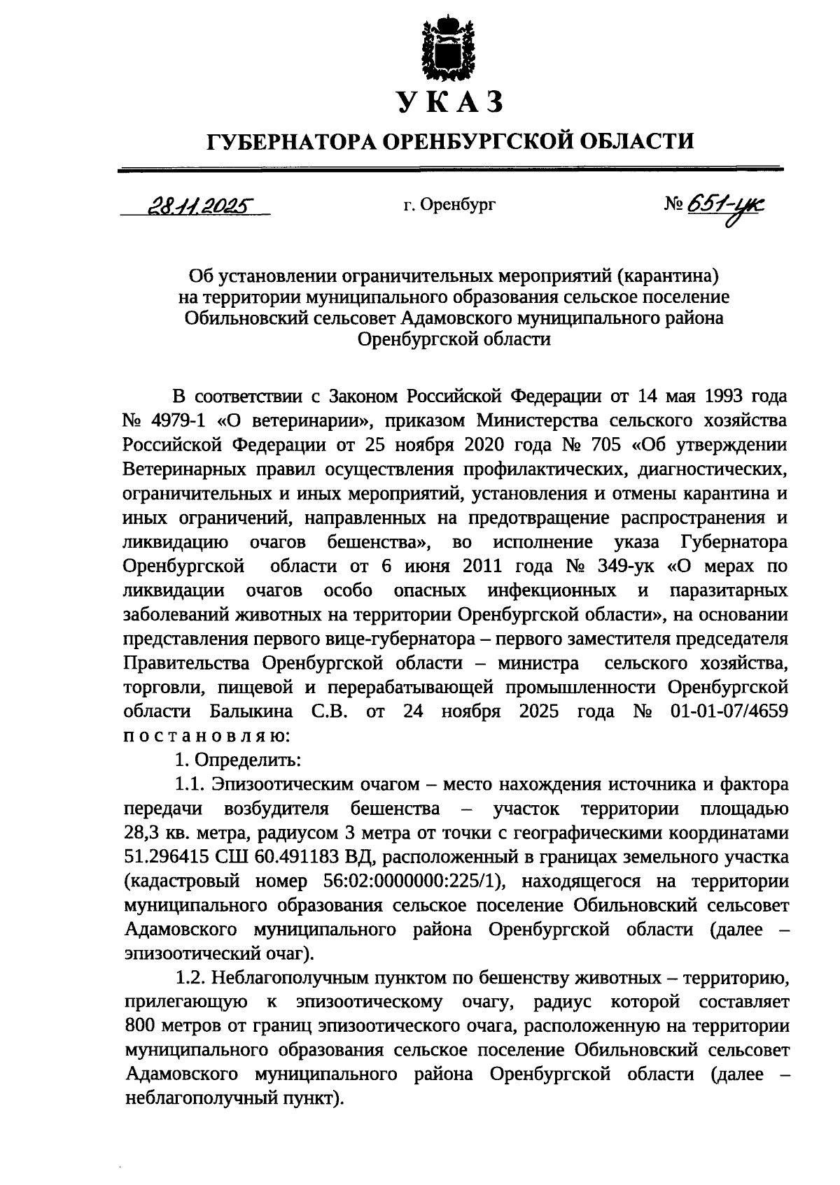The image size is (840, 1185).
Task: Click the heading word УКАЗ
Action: (x=450, y=103)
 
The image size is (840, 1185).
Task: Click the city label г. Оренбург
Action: (x=449, y=206)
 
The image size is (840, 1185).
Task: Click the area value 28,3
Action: (x=141, y=834)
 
